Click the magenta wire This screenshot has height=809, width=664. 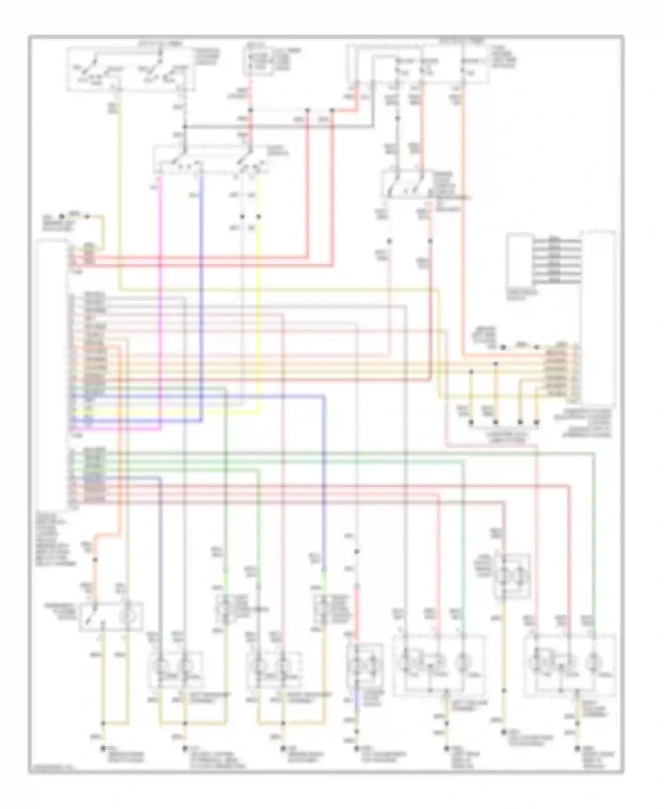point(160,310)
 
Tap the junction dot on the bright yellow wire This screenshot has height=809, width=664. point(259,217)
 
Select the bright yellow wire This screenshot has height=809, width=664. point(259,310)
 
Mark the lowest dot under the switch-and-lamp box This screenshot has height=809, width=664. point(104,748)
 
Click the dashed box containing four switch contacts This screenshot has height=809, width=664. point(131,69)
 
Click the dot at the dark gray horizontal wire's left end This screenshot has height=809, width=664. point(185,127)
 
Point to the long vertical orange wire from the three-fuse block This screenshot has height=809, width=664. point(463,221)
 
